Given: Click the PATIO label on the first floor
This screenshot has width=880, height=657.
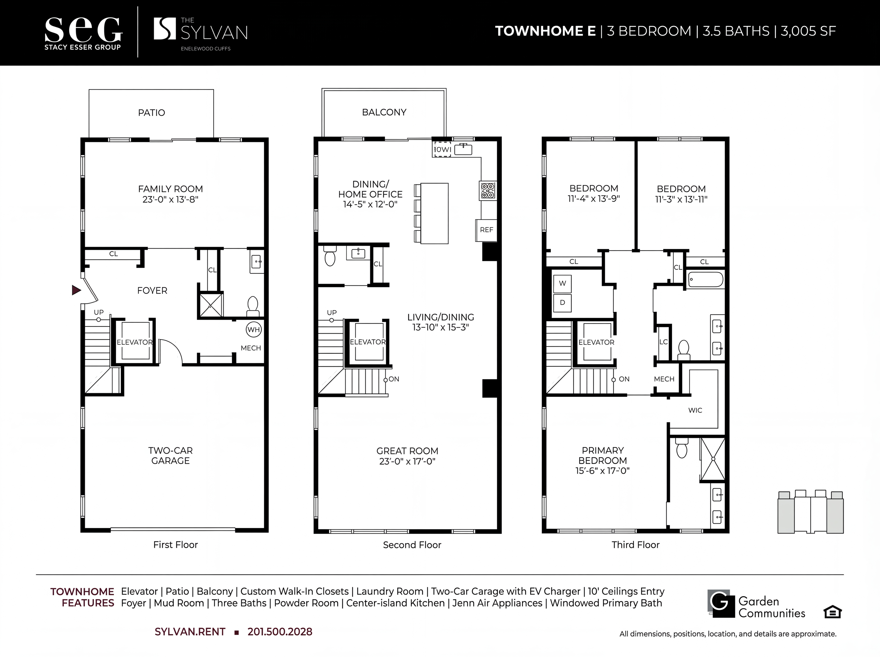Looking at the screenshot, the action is point(151,113).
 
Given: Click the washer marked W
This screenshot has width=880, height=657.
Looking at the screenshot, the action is point(562,284).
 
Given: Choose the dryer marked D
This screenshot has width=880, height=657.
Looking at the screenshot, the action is point(562,303).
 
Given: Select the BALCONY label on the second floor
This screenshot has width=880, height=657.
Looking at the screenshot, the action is point(384,112).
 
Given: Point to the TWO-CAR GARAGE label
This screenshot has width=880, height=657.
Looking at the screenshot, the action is point(171,455).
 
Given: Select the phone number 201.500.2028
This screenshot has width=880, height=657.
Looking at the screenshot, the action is point(280,632).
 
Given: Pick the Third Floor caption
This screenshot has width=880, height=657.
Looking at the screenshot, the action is point(635,544).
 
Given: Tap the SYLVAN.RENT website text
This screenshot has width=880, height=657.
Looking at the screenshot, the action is point(190,632).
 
